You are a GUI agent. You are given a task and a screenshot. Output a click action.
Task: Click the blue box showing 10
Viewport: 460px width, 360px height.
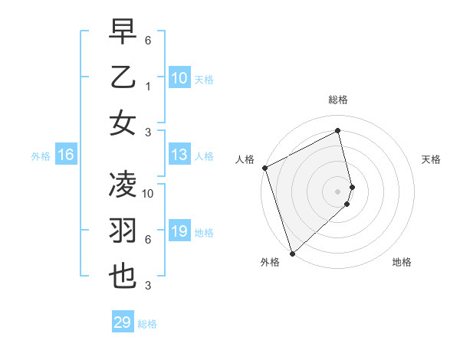(x=179, y=77)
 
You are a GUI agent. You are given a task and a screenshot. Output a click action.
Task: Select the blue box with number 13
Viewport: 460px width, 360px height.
(x=179, y=155)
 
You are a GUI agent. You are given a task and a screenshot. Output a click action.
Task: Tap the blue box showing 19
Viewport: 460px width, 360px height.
(x=179, y=231)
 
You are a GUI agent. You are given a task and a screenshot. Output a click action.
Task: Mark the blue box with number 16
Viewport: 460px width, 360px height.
(x=66, y=155)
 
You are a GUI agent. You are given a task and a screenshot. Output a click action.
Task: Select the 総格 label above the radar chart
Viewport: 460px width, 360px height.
(x=338, y=100)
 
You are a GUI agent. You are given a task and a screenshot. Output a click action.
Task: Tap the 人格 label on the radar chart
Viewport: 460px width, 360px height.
(x=245, y=159)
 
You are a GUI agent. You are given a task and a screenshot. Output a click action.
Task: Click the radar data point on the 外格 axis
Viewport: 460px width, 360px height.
(x=291, y=253)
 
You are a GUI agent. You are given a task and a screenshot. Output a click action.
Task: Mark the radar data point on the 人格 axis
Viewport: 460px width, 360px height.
(x=264, y=168)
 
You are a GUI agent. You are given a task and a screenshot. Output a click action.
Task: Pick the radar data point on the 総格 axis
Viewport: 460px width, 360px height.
(x=338, y=130)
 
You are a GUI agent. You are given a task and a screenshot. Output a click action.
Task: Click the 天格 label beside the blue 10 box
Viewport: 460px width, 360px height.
(x=203, y=79)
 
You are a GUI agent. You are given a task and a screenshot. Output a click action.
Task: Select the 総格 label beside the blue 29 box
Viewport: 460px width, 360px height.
(x=147, y=324)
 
